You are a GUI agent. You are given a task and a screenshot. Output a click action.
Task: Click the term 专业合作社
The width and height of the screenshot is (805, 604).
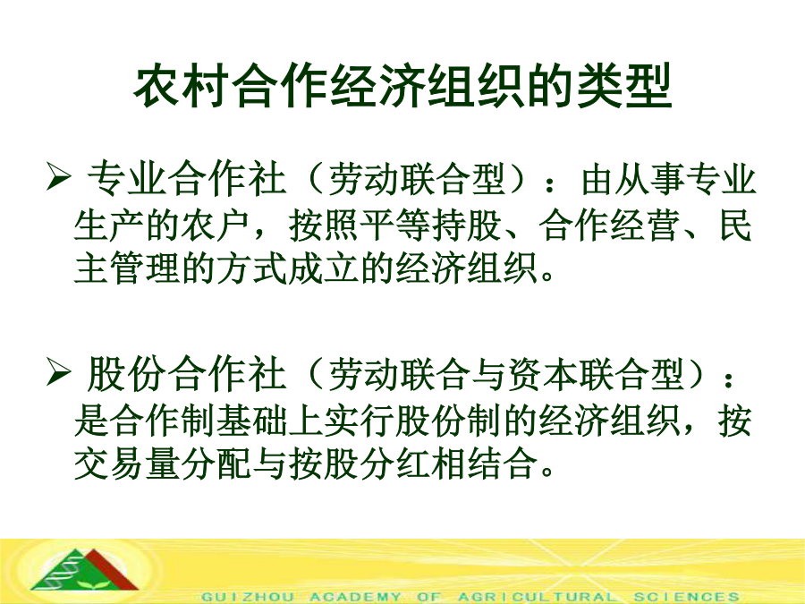(x=186, y=180)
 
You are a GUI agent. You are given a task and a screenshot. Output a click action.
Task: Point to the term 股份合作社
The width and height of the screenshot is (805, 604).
(x=186, y=376)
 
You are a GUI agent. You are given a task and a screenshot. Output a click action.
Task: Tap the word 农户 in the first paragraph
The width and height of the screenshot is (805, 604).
(x=216, y=225)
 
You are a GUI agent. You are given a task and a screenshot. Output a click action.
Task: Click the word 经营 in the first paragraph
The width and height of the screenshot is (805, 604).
(x=644, y=225)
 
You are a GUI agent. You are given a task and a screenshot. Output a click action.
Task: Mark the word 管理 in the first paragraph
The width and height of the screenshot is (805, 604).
(x=145, y=268)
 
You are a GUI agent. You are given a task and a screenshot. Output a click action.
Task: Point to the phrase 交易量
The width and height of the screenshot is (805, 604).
(x=127, y=464)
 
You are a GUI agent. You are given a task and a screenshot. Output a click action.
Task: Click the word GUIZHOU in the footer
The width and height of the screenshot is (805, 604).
(x=248, y=597)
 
